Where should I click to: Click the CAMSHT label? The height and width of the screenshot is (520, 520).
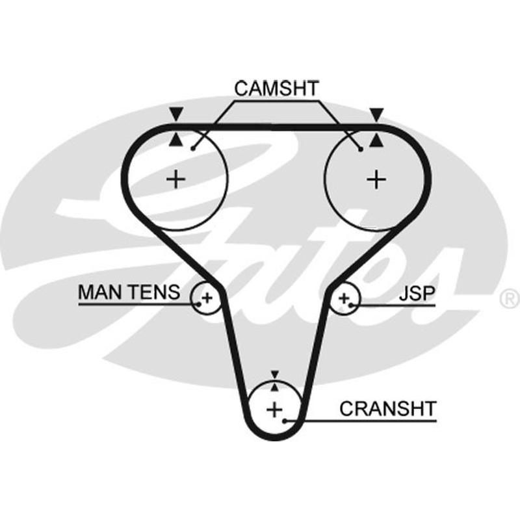coord(276,88)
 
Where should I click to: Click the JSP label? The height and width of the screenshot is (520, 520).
coord(417,293)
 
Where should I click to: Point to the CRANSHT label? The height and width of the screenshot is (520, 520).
coord(387,409)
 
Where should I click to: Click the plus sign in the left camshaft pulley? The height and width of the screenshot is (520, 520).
coord(175,179)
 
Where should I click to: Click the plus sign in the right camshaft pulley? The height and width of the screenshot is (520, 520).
coord(376,179)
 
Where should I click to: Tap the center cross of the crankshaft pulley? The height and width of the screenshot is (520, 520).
coord(274,409)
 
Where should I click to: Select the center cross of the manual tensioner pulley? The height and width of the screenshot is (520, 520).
coord(207,298)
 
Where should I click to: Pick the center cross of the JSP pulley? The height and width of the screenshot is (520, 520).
coord(344,298)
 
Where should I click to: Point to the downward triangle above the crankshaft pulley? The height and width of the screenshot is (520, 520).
coord(274,374)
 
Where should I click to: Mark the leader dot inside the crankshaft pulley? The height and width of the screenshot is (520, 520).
coord(285,421)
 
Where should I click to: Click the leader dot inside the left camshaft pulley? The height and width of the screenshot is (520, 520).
coord(193,149)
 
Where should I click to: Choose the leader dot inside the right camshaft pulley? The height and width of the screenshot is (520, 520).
coord(361,149)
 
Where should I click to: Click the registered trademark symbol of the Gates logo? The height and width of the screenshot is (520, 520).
coord(510,298)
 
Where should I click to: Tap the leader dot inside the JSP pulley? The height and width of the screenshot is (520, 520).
coord(350,304)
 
